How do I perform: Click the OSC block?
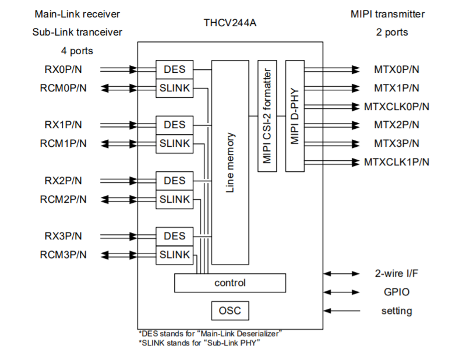coord(230,310)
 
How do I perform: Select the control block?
coord(230,283)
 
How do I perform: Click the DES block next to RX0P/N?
coord(174,69)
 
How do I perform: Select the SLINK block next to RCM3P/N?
coord(174,255)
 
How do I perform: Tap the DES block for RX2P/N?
coord(174,181)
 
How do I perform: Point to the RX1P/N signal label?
coord(63,125)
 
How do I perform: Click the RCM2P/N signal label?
coord(63,199)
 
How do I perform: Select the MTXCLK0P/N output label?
coord(397,107)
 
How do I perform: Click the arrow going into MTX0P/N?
coord(332,69)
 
